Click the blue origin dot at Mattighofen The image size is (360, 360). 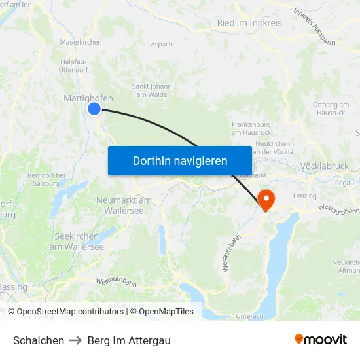point(94,109)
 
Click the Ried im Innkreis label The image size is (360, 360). point(249,23)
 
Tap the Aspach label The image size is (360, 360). point(161,45)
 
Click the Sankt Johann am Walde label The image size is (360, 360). point(152,90)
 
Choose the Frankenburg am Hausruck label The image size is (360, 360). point(251,128)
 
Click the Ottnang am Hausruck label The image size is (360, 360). point(331,109)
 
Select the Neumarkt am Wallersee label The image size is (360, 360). point(124,206)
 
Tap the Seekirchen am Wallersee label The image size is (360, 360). point(77,242)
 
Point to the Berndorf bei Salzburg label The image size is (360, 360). point(45,180)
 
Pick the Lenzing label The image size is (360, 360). point(305,196)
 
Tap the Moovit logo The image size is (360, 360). point(320,340)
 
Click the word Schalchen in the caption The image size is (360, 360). point(39,340)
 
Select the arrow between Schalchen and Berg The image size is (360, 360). point(75,340)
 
